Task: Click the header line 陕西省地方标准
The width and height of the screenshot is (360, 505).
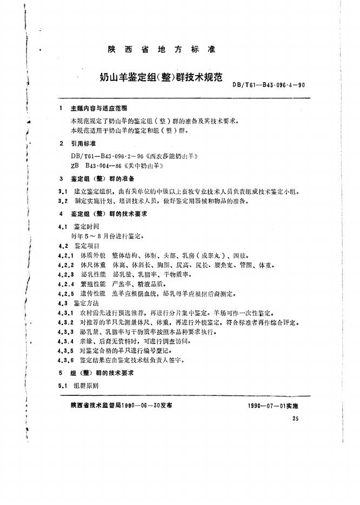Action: click(x=162, y=50)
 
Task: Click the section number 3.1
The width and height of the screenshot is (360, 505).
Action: click(x=62, y=192)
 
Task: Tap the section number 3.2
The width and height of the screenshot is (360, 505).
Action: click(x=62, y=201)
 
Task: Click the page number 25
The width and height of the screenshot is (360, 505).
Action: click(x=295, y=419)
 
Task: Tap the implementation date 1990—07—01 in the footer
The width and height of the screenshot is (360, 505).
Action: click(x=265, y=406)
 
